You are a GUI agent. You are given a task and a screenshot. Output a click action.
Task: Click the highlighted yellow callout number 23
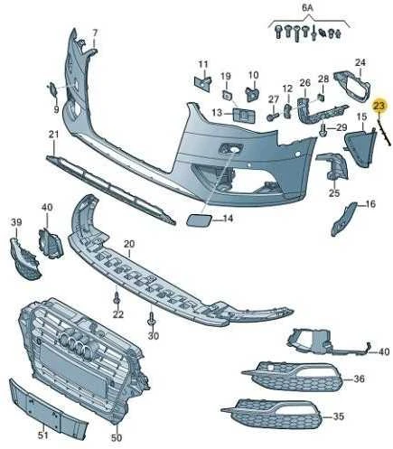pyautogui.click(x=379, y=106)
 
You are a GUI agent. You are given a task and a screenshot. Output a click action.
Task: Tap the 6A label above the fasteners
pyautogui.click(x=307, y=8)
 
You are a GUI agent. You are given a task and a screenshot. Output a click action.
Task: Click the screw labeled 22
pyautogui.click(x=117, y=298)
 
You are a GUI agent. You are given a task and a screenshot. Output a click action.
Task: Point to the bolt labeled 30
pyautogui.click(x=151, y=320)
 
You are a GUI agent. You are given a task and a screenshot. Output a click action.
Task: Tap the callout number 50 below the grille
pyautogui.click(x=117, y=437)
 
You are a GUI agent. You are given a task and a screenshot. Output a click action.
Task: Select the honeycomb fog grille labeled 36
pyautogui.click(x=292, y=376)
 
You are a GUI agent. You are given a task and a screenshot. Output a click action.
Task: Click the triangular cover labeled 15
pyautogui.click(x=360, y=147)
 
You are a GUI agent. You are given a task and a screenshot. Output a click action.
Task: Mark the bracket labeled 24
pyautogui.click(x=352, y=86)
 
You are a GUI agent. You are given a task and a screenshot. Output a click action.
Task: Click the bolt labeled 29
pyautogui.click(x=323, y=132)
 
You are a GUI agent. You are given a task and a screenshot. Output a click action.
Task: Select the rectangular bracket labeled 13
pyautogui.click(x=244, y=115)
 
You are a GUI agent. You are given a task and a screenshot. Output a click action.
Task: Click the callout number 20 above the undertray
pyautogui.click(x=129, y=244)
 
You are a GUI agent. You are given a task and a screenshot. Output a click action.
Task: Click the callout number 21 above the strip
pyautogui.click(x=53, y=135)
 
